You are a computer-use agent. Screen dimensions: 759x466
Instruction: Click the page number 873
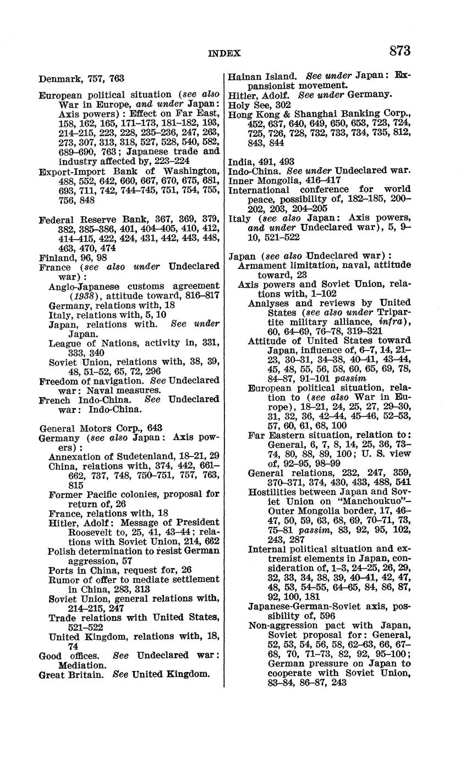point(399,51)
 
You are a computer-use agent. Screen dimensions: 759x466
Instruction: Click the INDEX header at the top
point(224,53)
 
